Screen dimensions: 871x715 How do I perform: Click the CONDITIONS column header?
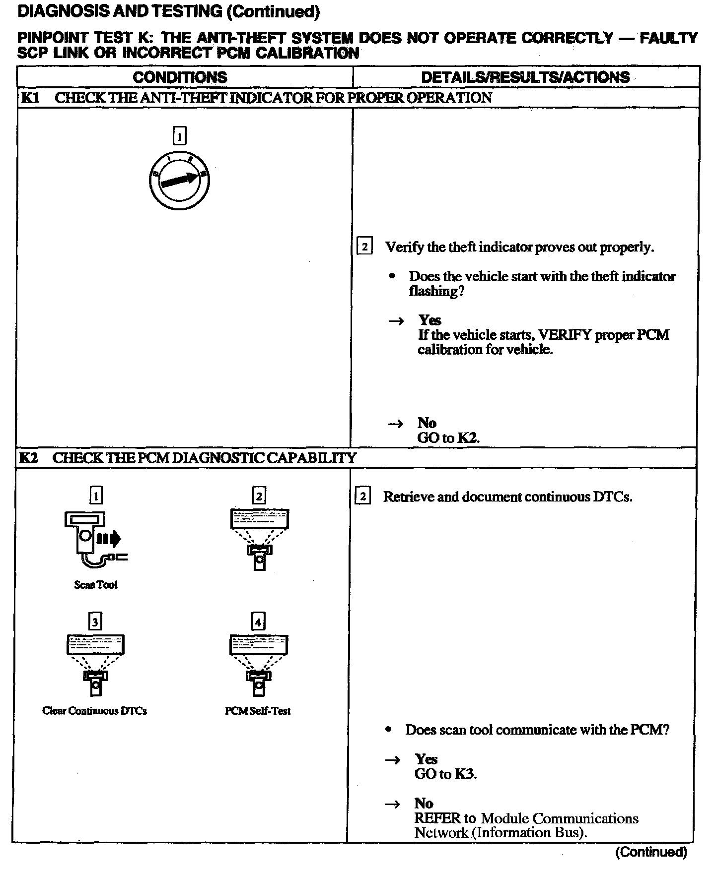pos(180,77)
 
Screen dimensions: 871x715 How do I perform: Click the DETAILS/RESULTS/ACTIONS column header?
pos(525,77)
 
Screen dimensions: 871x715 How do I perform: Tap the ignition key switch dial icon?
pos(179,180)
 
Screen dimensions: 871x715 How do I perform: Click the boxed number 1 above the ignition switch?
pos(179,136)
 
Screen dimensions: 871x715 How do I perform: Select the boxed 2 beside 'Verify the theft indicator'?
pos(364,247)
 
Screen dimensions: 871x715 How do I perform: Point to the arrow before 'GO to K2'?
pos(395,424)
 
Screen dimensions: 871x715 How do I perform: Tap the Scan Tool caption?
pos(96,585)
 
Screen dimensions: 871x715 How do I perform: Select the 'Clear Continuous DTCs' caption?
pos(94,711)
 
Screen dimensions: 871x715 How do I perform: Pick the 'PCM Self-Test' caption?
pos(257,711)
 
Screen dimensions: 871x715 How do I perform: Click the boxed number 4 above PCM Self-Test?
pos(258,622)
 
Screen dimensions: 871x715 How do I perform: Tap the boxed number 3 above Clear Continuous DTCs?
pos(95,622)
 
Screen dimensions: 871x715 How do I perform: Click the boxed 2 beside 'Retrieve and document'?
pos(363,497)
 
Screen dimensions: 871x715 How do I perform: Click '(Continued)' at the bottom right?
pos(651,852)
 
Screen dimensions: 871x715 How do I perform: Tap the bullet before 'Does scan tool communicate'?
pos(389,730)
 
